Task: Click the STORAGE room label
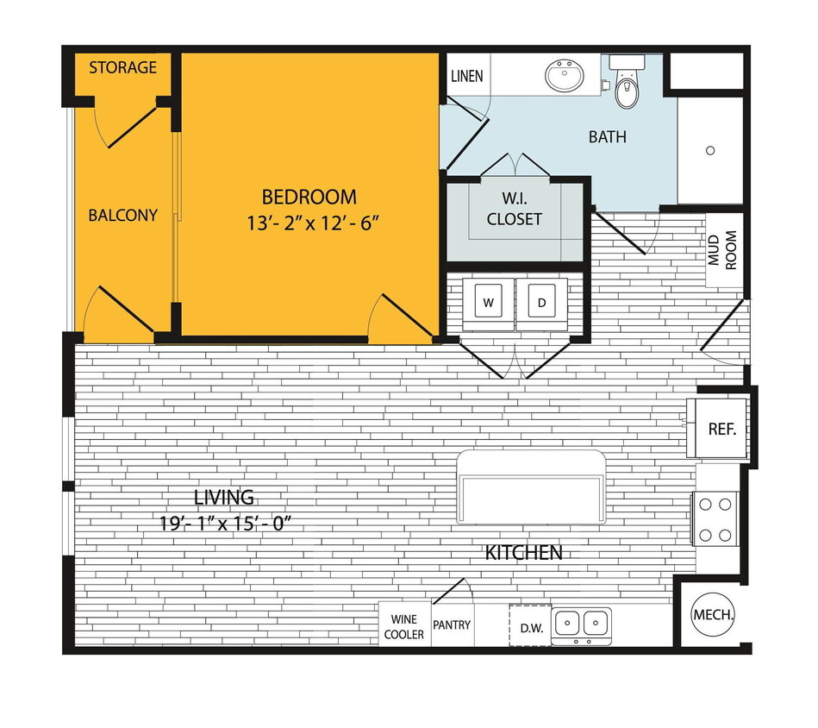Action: pyautogui.click(x=123, y=67)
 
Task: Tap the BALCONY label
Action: pyautogui.click(x=123, y=215)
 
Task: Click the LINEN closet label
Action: pyautogui.click(x=466, y=76)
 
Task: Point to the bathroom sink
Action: pyautogui.click(x=565, y=77)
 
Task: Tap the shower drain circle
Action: pyautogui.click(x=710, y=151)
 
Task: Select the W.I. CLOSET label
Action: pyautogui.click(x=515, y=210)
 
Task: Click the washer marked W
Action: pyautogui.click(x=488, y=303)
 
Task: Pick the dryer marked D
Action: pyautogui.click(x=542, y=303)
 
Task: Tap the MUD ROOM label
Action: pyautogui.click(x=722, y=250)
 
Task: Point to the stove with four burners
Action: pyautogui.click(x=716, y=518)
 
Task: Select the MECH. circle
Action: pyautogui.click(x=713, y=616)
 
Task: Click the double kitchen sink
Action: pyautogui.click(x=581, y=623)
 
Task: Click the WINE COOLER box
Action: pyautogui.click(x=404, y=627)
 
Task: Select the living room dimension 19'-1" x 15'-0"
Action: pyautogui.click(x=224, y=524)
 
